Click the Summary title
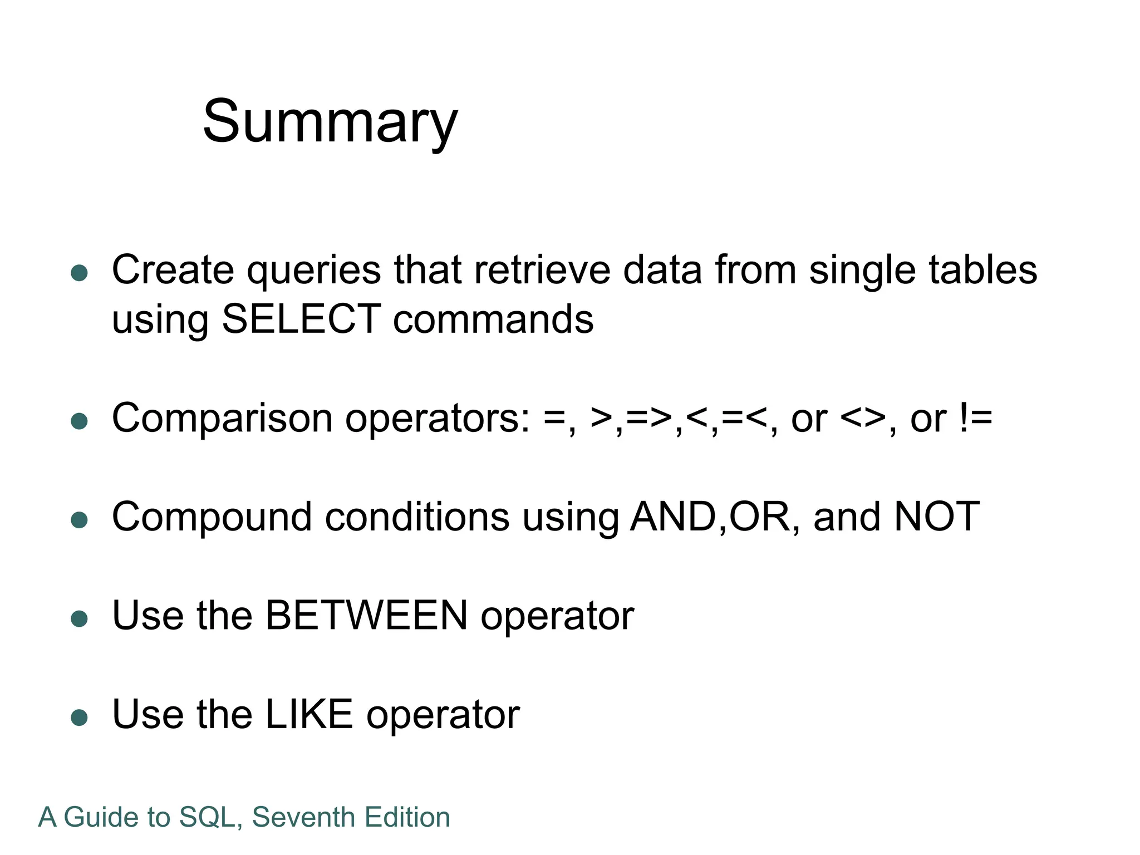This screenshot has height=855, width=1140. [x=330, y=122]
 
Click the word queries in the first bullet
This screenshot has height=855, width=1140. [x=314, y=271]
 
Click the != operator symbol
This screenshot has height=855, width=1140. [x=976, y=418]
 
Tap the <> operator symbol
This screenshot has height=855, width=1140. [x=862, y=418]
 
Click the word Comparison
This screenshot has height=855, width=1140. [x=222, y=418]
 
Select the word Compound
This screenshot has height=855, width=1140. [x=212, y=517]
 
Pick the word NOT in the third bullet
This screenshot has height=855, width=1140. [x=936, y=517]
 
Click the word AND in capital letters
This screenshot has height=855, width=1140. [x=673, y=517]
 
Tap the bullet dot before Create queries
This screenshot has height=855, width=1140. [x=80, y=273]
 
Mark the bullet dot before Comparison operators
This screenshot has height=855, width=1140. [x=80, y=421]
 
